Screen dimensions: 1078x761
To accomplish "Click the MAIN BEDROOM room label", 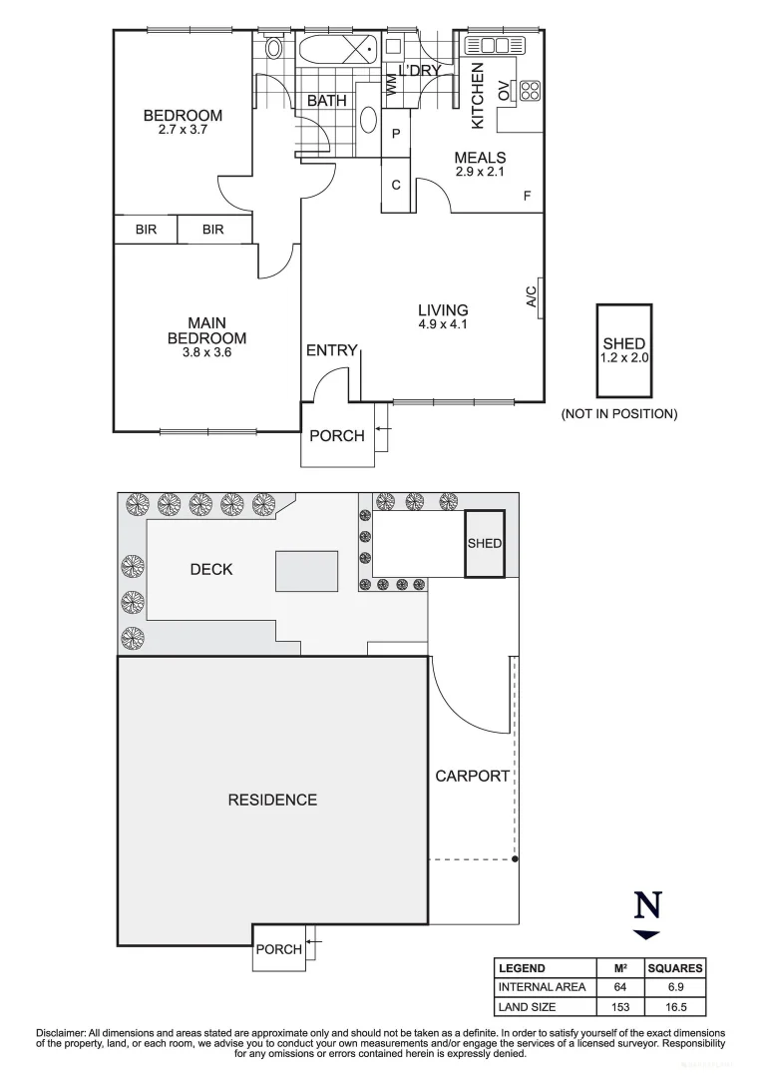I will (206, 330).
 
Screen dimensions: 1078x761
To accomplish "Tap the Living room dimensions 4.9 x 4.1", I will (443, 324).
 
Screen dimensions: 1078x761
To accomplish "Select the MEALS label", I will (480, 158).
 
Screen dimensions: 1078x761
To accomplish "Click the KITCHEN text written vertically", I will (477, 97).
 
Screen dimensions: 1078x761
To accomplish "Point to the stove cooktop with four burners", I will (529, 91).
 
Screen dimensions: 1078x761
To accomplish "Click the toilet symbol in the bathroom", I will (274, 47).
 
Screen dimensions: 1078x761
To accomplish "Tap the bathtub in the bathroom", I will (336, 48).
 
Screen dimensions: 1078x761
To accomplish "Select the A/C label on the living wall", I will (531, 296).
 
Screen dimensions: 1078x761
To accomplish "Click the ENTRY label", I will (331, 350).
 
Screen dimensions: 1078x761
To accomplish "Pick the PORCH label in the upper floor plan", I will (336, 435).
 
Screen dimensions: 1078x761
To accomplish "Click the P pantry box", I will (396, 134).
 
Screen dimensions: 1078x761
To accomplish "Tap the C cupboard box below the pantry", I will (396, 185).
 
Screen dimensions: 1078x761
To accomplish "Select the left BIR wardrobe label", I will (146, 230).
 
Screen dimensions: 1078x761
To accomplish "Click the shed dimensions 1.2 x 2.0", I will (623, 355).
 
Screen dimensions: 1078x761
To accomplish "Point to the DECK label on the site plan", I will (210, 569).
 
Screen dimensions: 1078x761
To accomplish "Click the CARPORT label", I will (473, 776).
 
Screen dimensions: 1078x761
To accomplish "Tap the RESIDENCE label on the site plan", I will (272, 800).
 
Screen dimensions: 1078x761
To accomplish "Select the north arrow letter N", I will (647, 904).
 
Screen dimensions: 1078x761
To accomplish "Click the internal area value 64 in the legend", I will (617, 987).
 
